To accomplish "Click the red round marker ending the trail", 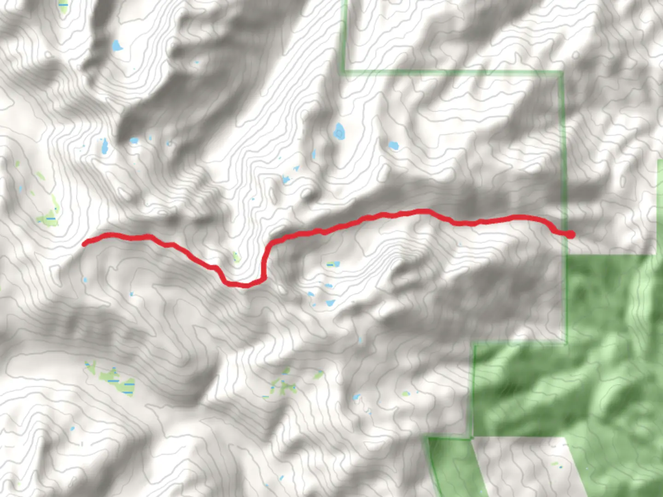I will click(x=570, y=234).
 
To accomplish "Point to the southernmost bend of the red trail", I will click(x=245, y=285).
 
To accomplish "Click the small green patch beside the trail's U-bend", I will click(x=236, y=256).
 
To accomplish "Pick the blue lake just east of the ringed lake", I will click(x=393, y=146).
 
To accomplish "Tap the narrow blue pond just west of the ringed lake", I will click(x=314, y=154).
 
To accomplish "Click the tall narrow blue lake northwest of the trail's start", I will click(x=105, y=146).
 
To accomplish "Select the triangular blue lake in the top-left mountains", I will click(x=117, y=46).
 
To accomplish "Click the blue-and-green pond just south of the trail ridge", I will click(x=332, y=265).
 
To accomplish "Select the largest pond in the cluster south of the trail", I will click(x=330, y=303).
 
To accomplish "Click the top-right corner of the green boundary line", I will click(x=562, y=72).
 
